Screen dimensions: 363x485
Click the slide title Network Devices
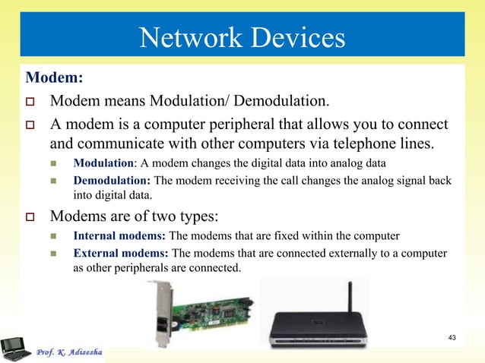(242, 36)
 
